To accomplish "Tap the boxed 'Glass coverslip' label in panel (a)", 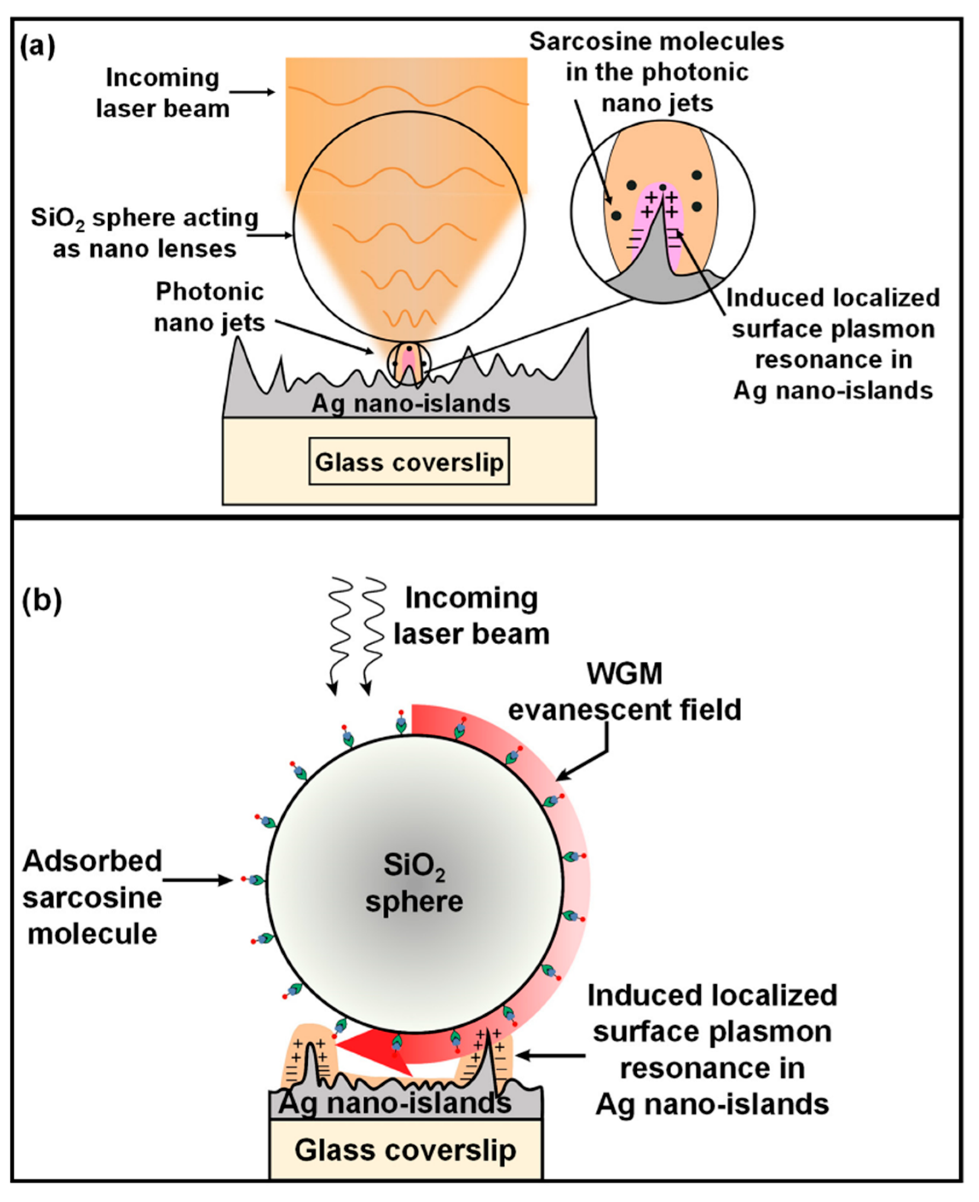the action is pyautogui.click(x=409, y=461).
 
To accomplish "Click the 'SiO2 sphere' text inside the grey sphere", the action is pyautogui.click(x=414, y=883).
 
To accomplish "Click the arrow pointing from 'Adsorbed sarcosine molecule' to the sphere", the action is pyautogui.click(x=197, y=879).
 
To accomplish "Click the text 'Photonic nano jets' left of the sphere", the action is pyautogui.click(x=210, y=307).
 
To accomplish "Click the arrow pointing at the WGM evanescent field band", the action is pyautogui.click(x=592, y=752).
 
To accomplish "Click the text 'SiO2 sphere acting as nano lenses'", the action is pyautogui.click(x=144, y=233).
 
